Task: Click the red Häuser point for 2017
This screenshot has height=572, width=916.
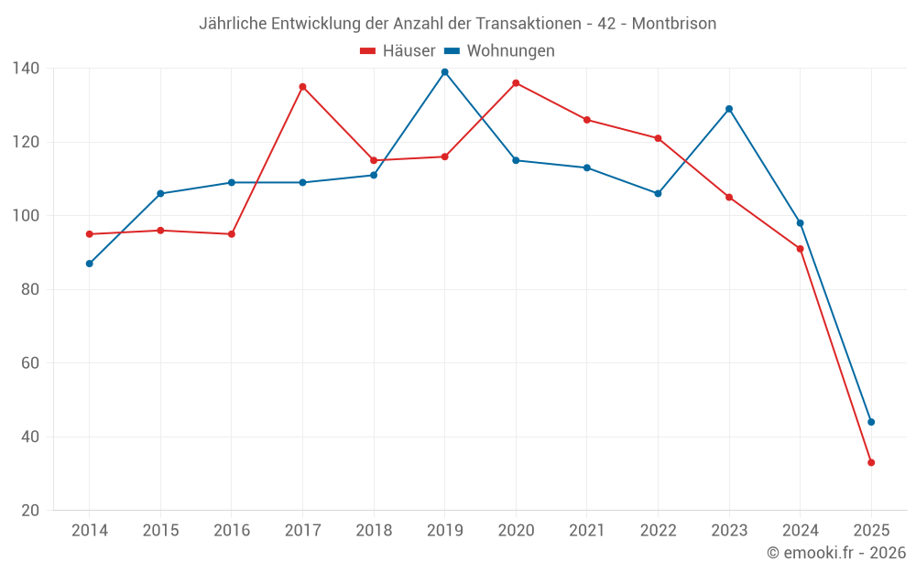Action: pyautogui.click(x=302, y=87)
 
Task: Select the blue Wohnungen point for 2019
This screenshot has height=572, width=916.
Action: pyautogui.click(x=444, y=72)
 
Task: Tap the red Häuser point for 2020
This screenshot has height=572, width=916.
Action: pyautogui.click(x=516, y=83)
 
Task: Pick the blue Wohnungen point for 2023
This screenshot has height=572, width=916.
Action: pyautogui.click(x=729, y=109)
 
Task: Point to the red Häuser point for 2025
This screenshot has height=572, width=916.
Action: pyautogui.click(x=871, y=462)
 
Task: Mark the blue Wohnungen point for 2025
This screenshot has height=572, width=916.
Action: pyautogui.click(x=871, y=422)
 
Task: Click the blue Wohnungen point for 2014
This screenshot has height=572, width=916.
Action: pyautogui.click(x=89, y=264)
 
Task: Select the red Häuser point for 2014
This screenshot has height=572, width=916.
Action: pyautogui.click(x=89, y=234)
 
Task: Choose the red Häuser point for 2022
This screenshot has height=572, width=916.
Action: pyautogui.click(x=658, y=138)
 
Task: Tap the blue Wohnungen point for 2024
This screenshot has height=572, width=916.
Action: pyautogui.click(x=800, y=223)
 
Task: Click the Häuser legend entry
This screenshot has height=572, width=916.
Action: pyautogui.click(x=398, y=51)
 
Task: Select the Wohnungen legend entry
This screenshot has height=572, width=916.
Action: pyautogui.click(x=500, y=51)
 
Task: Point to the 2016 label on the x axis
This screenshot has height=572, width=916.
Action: pyautogui.click(x=231, y=531)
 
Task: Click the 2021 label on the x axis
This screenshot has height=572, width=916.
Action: pyautogui.click(x=587, y=531)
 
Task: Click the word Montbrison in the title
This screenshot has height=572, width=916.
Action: pyautogui.click(x=674, y=23)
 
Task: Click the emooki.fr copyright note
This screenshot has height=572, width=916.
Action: pyautogui.click(x=835, y=553)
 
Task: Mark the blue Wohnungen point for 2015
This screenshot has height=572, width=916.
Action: pyautogui.click(x=160, y=194)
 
